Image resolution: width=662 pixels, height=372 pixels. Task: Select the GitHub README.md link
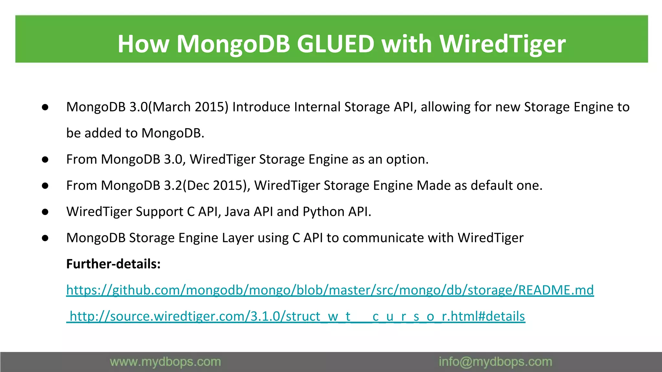click(330, 290)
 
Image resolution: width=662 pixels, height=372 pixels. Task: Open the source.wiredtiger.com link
click(296, 316)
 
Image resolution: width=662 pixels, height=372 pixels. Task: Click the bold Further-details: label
click(113, 264)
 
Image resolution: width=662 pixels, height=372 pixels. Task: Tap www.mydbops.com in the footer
click(165, 362)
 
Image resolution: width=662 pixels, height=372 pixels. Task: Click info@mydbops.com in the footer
click(495, 362)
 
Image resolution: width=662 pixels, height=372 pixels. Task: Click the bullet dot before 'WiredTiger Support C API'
click(45, 212)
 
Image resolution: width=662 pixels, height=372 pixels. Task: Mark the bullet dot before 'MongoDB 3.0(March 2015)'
click(45, 107)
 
